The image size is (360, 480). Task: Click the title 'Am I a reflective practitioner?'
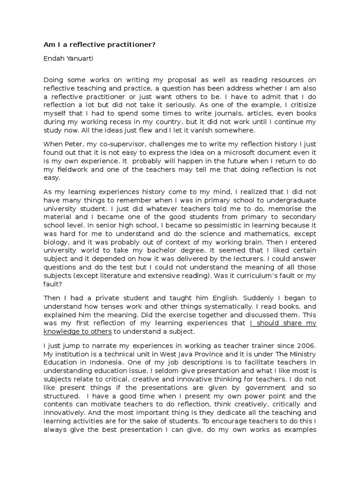coord(99,45)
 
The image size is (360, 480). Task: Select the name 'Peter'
coord(74,144)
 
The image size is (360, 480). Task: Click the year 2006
coord(307,346)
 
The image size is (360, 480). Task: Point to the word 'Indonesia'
coord(124,363)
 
